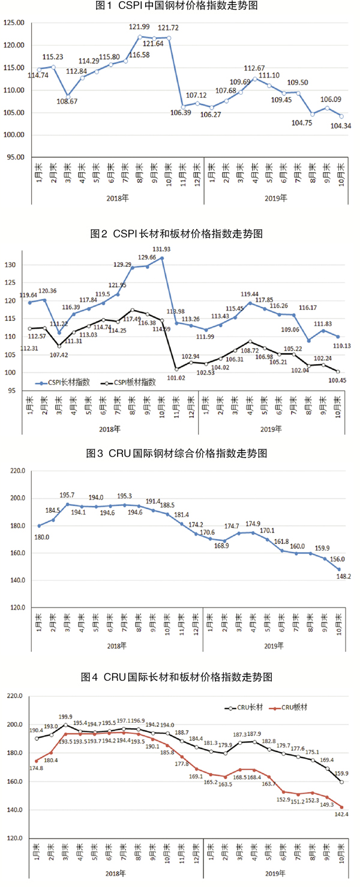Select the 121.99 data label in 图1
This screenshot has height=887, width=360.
pos(139,27)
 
